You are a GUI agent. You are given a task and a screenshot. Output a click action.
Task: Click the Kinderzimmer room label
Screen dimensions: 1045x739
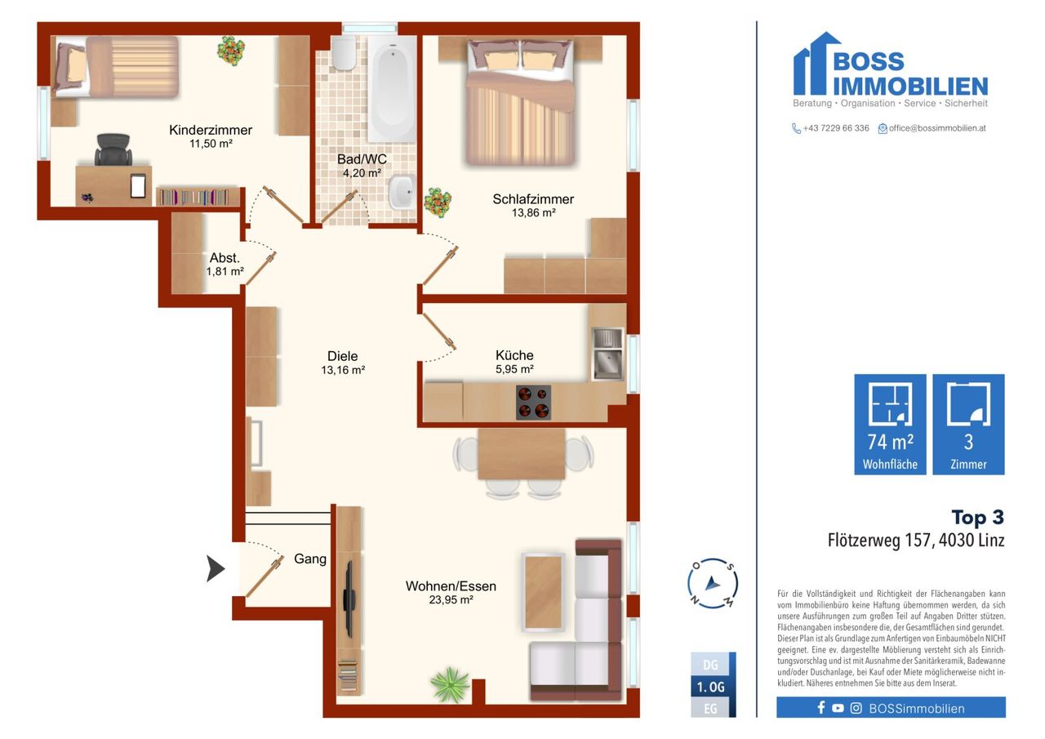211,130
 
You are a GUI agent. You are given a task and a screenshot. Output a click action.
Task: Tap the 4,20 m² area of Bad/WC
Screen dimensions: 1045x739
362,173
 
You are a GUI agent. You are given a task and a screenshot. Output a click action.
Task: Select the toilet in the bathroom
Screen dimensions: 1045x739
345,53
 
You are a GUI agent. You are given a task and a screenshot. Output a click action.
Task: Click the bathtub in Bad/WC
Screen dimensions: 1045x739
392,89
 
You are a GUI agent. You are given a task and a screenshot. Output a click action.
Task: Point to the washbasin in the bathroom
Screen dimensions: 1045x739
402,192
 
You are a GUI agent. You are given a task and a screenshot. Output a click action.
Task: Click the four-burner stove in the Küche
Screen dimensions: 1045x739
533,402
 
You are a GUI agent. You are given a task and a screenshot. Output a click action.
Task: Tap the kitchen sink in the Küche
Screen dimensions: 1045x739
607,354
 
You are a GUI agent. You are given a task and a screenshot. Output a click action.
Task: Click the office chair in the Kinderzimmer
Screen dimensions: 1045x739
113,149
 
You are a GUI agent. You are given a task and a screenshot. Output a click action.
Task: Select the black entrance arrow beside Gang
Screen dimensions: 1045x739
215,568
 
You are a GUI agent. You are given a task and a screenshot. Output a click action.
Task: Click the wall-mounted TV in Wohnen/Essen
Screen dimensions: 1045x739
349,599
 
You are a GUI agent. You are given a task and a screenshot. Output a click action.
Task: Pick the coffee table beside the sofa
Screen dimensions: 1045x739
544,593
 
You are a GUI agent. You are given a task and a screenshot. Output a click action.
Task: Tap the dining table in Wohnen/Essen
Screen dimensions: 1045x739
521,454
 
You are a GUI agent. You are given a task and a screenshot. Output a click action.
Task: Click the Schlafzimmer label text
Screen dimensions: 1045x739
533,199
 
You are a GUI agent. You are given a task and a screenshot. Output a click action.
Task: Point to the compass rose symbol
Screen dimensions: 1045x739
713,583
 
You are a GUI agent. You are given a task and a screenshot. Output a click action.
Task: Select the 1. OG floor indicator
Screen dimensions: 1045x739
710,687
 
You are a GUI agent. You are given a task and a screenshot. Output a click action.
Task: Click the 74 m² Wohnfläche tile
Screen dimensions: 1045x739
890,424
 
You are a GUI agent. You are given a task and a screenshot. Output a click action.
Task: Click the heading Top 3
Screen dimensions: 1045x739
978,518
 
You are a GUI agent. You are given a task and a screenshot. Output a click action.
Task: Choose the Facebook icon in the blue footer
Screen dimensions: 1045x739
821,708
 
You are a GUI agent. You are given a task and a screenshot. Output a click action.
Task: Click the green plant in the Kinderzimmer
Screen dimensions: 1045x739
231,51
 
